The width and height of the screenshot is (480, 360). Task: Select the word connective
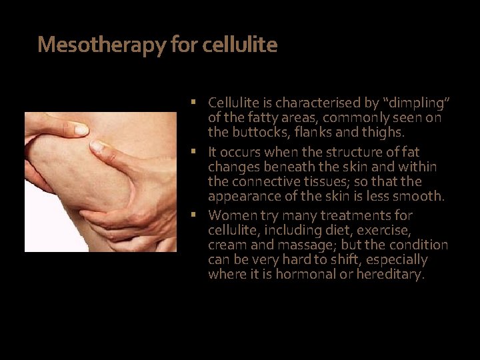[263, 181]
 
